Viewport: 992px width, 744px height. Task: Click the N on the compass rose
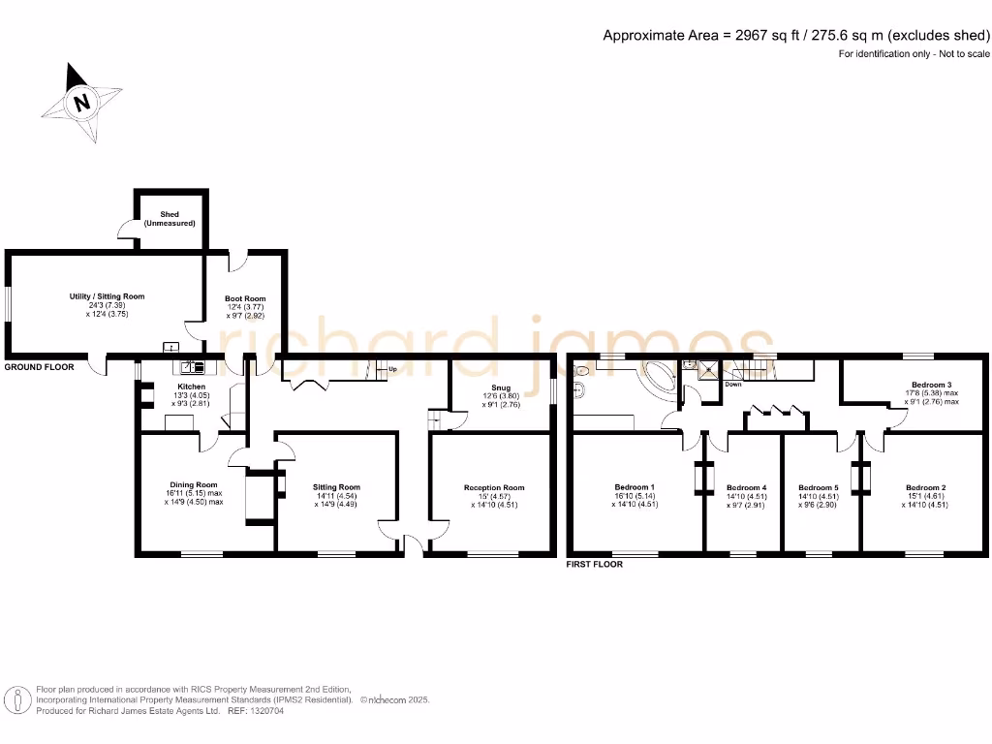pos(83,101)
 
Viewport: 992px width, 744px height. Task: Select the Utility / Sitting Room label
pos(107,296)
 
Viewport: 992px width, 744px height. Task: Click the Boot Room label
pos(246,298)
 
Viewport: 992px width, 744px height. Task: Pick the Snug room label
pos(501,386)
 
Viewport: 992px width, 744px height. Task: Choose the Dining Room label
pos(194,484)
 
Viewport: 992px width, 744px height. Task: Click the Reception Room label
pos(494,487)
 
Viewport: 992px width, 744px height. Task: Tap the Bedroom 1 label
pos(635,487)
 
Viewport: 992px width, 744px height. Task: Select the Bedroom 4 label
pos(746,487)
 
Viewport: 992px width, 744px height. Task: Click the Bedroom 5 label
pos(818,487)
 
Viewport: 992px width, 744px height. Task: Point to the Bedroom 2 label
pos(925,487)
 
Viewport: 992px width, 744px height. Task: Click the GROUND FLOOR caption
pos(35,368)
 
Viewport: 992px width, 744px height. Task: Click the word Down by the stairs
pos(734,384)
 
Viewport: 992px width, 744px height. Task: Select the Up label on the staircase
pos(391,369)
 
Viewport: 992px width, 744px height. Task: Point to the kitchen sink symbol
pos(189,366)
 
